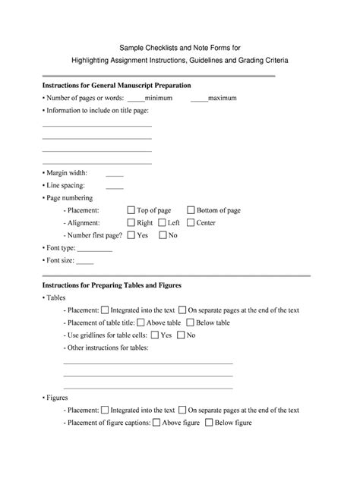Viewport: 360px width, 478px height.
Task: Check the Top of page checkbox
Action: point(131,210)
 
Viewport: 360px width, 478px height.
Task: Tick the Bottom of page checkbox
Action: point(190,210)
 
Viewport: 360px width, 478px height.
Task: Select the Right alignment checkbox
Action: point(131,223)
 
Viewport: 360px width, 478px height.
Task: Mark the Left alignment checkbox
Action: point(162,223)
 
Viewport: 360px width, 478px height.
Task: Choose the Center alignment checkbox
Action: point(190,223)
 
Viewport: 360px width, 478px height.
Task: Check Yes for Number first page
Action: point(131,235)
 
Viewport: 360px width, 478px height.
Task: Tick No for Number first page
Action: point(162,235)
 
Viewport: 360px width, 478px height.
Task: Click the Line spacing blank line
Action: point(115,186)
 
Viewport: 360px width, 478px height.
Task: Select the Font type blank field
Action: point(96,249)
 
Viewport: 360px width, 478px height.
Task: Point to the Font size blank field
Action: point(85,262)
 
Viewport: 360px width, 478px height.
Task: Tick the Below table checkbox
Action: point(189,322)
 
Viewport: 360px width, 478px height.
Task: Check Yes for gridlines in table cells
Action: point(154,335)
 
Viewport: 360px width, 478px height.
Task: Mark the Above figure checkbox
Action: point(156,423)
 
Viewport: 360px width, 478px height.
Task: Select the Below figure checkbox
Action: point(208,423)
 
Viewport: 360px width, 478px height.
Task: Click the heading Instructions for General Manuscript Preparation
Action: point(116,85)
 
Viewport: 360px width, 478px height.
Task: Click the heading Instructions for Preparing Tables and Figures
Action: point(111,285)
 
